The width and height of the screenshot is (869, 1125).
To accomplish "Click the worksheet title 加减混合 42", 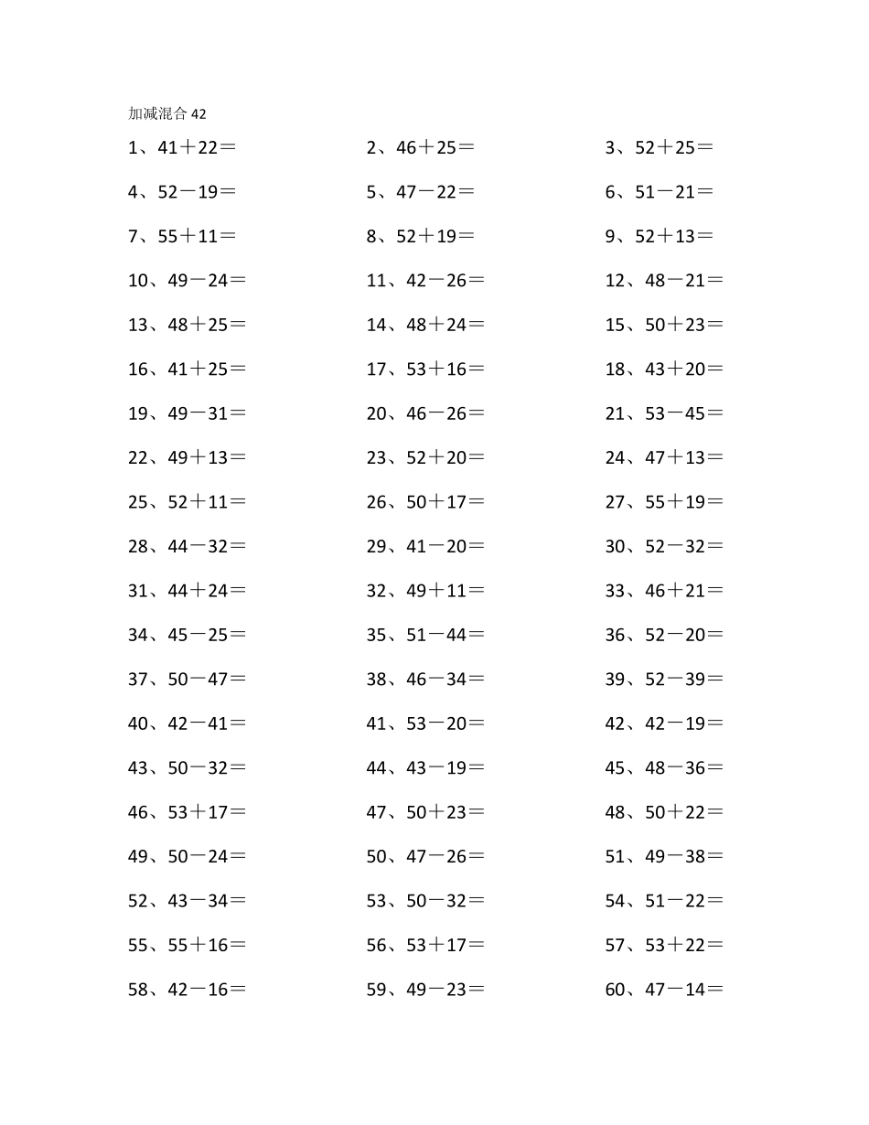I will (167, 113).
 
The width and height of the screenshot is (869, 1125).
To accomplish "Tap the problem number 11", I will (377, 281).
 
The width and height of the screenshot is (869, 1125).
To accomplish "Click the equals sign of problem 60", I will (715, 990).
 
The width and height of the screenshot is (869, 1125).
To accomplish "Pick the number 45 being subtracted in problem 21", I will (695, 413).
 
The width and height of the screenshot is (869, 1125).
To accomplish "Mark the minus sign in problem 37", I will (198, 680).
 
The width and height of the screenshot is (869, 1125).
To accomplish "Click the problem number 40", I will (138, 723).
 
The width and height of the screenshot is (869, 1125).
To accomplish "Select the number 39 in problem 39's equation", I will (695, 680).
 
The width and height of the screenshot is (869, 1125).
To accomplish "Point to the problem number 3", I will (610, 147).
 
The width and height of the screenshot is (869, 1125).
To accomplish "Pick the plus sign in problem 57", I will (675, 945).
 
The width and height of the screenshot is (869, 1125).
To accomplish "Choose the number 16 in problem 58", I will (218, 990).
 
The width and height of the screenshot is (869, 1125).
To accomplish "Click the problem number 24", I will (615, 457).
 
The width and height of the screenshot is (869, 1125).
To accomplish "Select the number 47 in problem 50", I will (416, 857).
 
